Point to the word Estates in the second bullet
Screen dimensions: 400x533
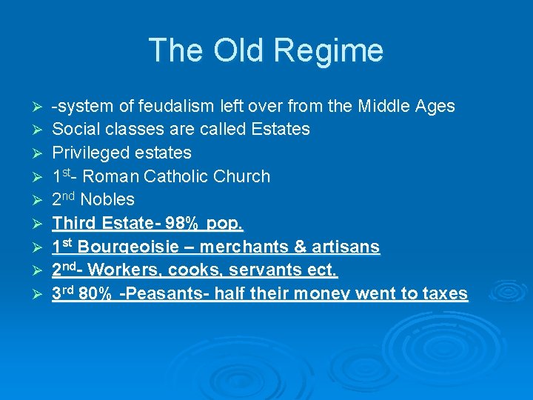281,129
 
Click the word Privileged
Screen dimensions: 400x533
87,153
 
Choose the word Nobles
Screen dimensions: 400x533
107,200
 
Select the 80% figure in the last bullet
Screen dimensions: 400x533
95,294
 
